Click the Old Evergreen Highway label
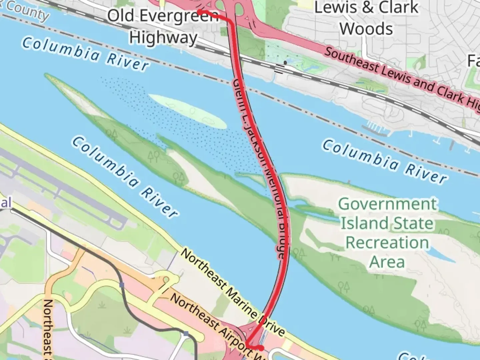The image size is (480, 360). tap(163, 26)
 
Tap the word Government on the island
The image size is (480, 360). tap(387, 204)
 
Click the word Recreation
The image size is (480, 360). tap(387, 242)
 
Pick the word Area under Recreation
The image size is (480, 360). tap(387, 262)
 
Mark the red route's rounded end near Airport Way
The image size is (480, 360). tap(262, 348)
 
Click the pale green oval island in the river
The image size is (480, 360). tap(187, 111)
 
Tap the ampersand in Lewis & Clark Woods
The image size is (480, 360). tap(367, 7)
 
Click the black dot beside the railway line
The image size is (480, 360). tap(285, 62)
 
